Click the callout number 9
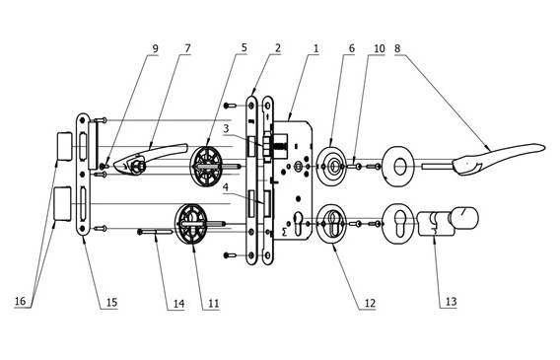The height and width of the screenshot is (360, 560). point(155,48)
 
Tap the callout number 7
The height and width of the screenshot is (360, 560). point(187,48)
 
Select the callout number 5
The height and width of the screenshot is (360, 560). point(244,47)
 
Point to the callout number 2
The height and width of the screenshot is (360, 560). point(277,48)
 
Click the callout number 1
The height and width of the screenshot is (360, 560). point(315,48)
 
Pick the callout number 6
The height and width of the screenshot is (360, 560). point(351,48)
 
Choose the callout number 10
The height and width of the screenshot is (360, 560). point(380,48)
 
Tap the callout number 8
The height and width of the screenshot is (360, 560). point(397,48)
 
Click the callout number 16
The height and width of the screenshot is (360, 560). point(20,301)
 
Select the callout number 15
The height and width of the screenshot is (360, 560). point(111,303)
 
